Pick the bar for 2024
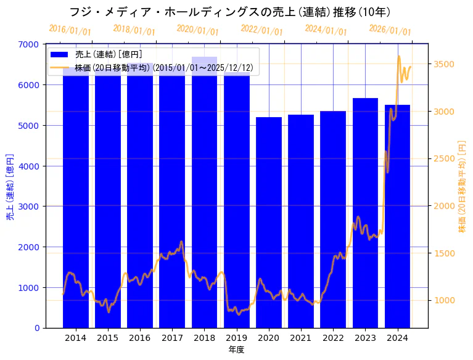coord(397,216)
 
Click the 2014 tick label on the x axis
coord(76,338)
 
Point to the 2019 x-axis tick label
coord(236,338)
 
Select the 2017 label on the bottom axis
coord(172,338)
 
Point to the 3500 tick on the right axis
coord(445,64)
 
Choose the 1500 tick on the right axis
coord(445,253)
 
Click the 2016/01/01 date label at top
coord(70,30)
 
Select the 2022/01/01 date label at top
coord(261,30)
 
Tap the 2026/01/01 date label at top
coord(390,30)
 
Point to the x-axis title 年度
coord(236,350)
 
